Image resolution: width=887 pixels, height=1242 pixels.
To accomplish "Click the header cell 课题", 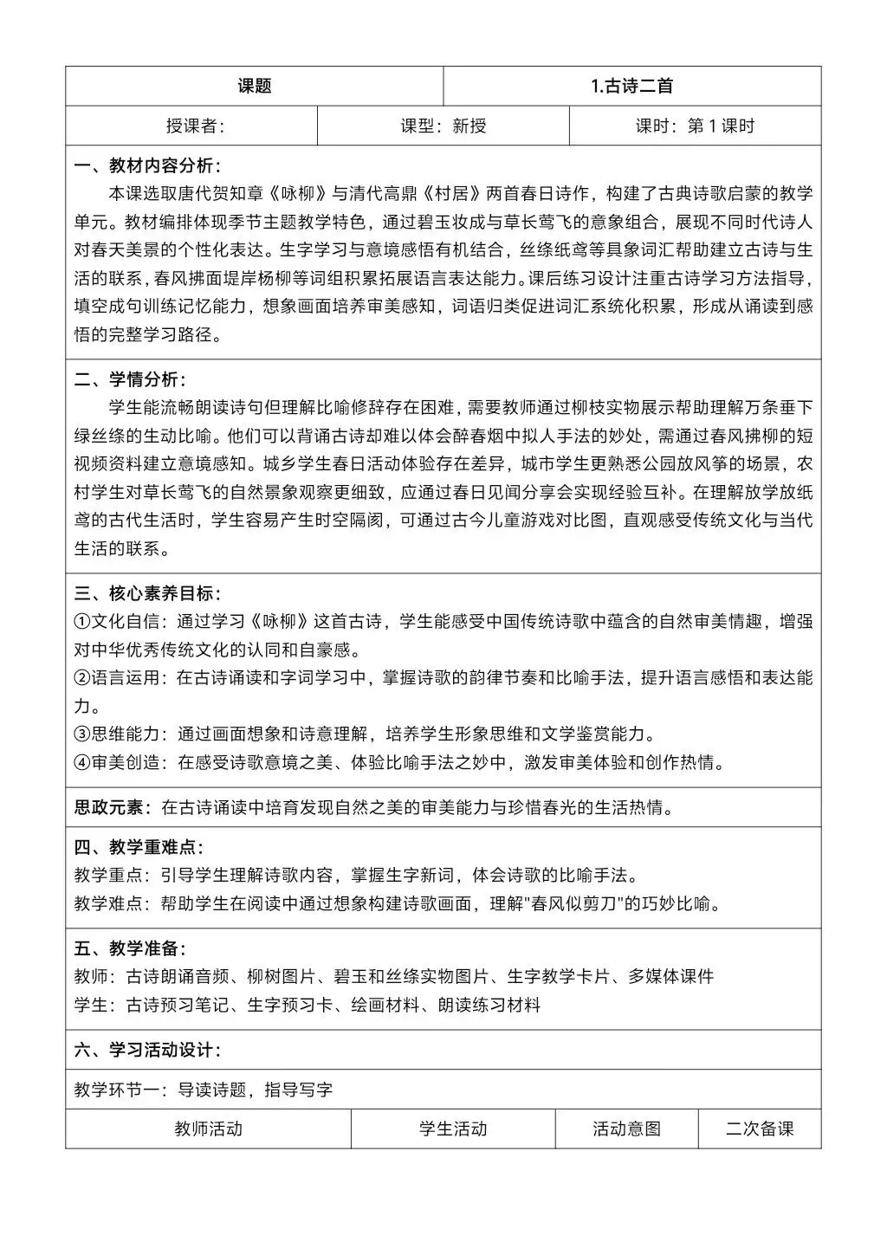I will click(254, 86).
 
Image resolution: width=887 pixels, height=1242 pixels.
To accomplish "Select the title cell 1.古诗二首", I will click(631, 86).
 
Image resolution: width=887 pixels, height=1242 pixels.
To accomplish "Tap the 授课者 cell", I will click(194, 126).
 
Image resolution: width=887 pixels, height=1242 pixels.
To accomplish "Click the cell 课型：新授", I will click(443, 126).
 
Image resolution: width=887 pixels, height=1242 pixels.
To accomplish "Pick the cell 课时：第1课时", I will click(695, 126).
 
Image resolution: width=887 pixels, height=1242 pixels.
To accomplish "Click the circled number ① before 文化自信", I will click(82, 622).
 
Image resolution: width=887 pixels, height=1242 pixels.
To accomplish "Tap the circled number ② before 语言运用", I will click(82, 678).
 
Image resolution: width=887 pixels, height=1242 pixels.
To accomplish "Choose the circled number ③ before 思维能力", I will click(82, 734).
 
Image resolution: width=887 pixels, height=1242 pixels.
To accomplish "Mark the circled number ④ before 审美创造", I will click(82, 763).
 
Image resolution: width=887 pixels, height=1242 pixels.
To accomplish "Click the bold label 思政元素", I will click(108, 807).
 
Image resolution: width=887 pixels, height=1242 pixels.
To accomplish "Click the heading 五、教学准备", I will click(130, 948).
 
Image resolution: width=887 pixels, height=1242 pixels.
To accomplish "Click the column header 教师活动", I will click(208, 1129).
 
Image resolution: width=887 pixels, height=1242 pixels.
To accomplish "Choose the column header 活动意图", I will click(626, 1129).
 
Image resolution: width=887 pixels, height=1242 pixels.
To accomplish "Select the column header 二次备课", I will click(760, 1129).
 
